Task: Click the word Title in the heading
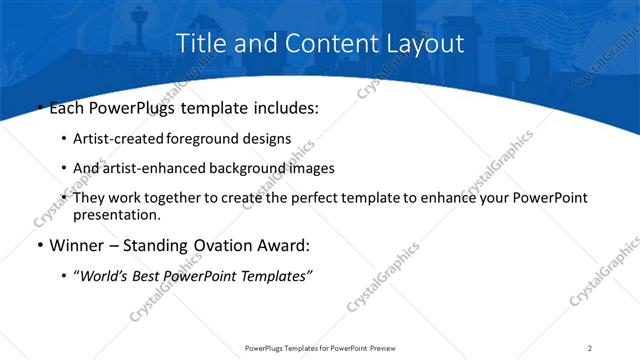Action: click(199, 43)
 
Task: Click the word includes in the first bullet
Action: click(280, 107)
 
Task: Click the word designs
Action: click(272, 139)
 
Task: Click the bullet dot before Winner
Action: click(38, 246)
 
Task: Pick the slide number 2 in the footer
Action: click(590, 348)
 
